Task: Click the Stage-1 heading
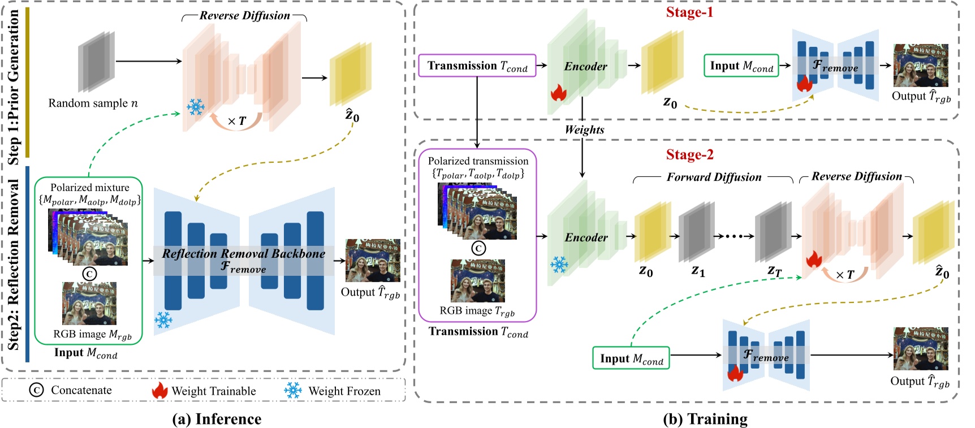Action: point(689,12)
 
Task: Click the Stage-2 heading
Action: point(689,155)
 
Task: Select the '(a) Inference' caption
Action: point(217,419)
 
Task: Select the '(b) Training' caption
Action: point(705,419)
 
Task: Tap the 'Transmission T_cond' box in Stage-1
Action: point(477,66)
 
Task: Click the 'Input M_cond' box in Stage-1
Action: point(741,66)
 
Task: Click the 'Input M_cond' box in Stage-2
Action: point(631,358)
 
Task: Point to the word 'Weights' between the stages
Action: point(584,130)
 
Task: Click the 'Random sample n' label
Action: point(93,103)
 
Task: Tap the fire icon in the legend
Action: point(159,390)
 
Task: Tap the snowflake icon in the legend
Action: point(292,390)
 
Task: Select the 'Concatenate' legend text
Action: point(81,390)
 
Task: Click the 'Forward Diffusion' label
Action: point(714,178)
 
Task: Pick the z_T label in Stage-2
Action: point(774,271)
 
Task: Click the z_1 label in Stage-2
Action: point(698,271)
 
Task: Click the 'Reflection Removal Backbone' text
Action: point(243,254)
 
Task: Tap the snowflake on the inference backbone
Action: point(163,320)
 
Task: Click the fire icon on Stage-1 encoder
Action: point(558,93)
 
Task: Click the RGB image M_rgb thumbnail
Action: point(89,304)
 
